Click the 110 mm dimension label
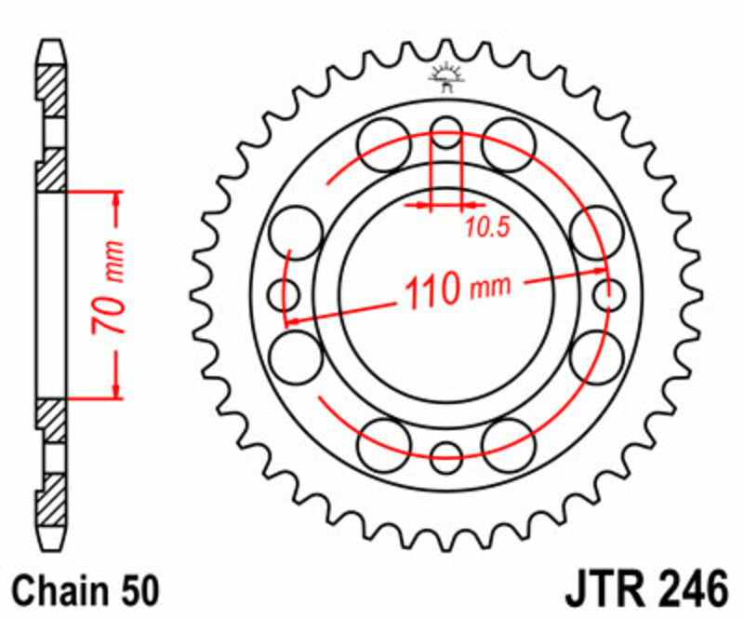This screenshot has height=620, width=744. (456, 290)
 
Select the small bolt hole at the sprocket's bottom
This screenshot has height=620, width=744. (446, 456)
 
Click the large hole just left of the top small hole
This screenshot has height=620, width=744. (384, 145)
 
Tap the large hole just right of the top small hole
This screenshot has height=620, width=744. (509, 145)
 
